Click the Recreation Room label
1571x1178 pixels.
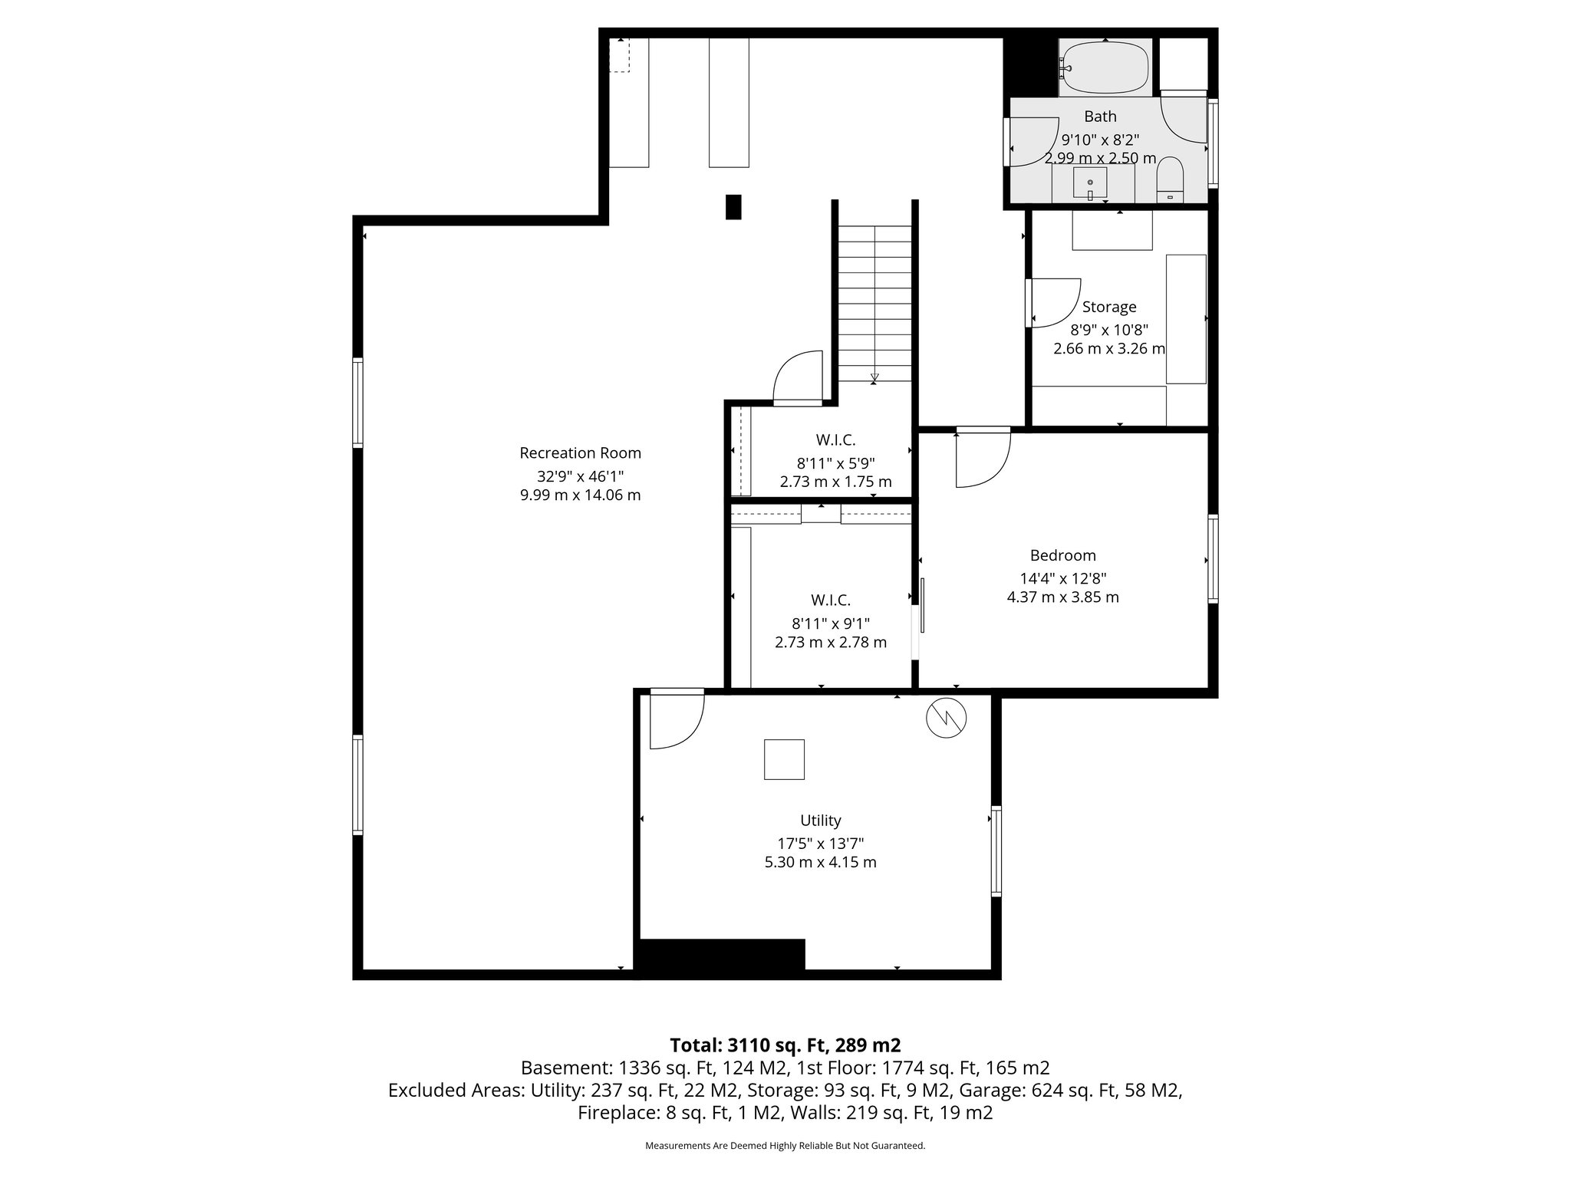580,453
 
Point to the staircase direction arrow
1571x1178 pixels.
874,377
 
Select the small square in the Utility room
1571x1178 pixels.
784,759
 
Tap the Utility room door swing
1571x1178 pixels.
675,721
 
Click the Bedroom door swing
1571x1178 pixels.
982,460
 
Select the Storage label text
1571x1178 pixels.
1109,307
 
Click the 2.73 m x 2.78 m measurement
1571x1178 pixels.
831,642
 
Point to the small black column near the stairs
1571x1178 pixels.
734,207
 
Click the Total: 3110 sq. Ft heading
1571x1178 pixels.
785,1045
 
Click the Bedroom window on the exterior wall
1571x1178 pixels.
1213,558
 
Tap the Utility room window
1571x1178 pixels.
996,851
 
